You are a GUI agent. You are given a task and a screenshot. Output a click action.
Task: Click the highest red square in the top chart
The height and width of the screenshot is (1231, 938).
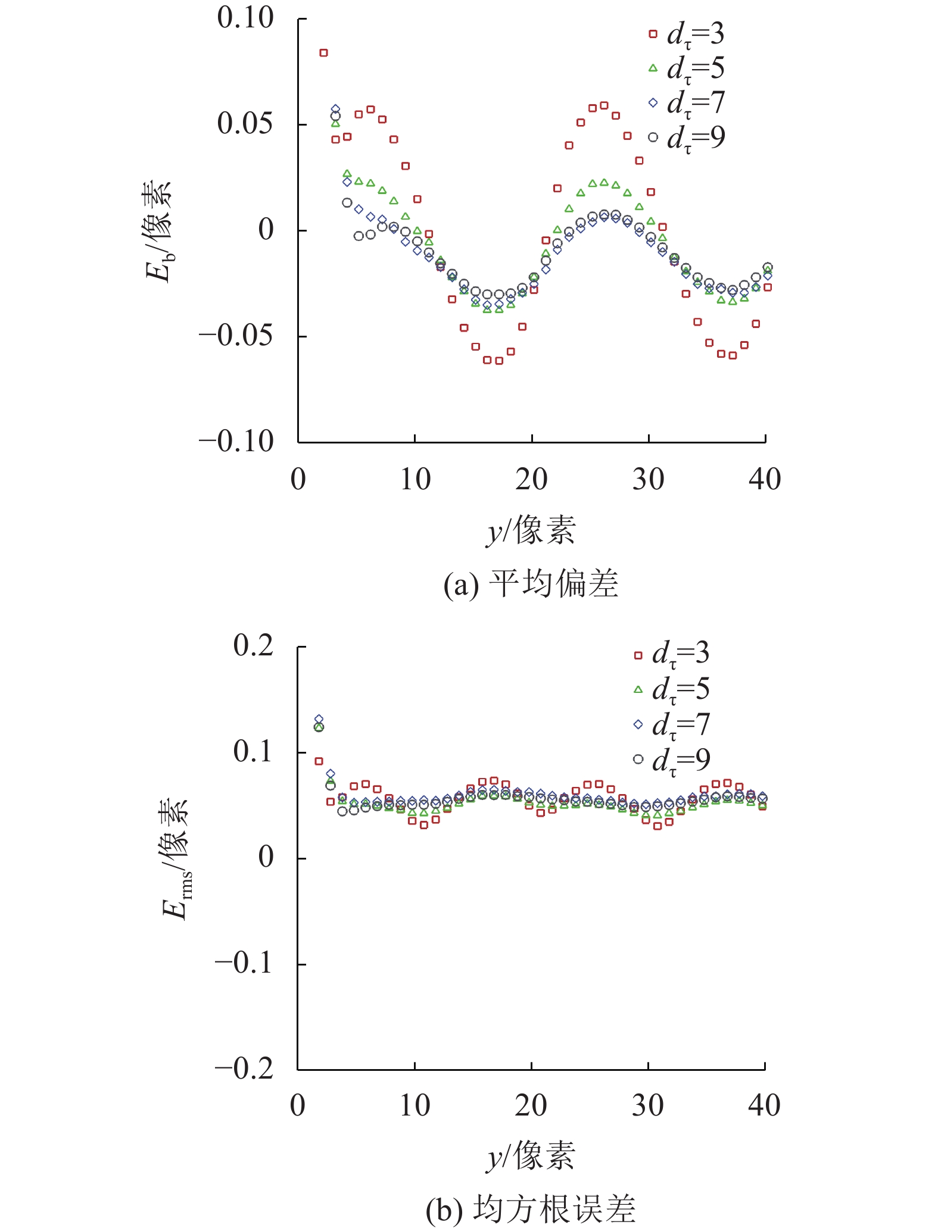pos(323,53)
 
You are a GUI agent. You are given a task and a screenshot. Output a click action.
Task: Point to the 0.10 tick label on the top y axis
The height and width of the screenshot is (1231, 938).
pos(245,18)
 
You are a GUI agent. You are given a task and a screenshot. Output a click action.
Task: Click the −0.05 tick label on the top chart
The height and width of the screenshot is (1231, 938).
pos(236,336)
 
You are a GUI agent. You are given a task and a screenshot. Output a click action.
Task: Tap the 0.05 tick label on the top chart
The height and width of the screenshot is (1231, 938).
pos(245,124)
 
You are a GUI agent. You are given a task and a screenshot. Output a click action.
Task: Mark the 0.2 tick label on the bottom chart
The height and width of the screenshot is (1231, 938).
pos(253,646)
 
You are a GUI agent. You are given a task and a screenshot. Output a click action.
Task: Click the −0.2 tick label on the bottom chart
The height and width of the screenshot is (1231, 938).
pos(244,1069)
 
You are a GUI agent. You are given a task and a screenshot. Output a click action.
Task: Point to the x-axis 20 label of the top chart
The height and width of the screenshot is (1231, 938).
pos(531,479)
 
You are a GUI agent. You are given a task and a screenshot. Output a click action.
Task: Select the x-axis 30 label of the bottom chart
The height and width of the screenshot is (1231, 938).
pos(648,1106)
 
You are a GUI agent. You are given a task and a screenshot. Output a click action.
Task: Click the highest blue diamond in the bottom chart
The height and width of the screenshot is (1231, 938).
pos(319,719)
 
